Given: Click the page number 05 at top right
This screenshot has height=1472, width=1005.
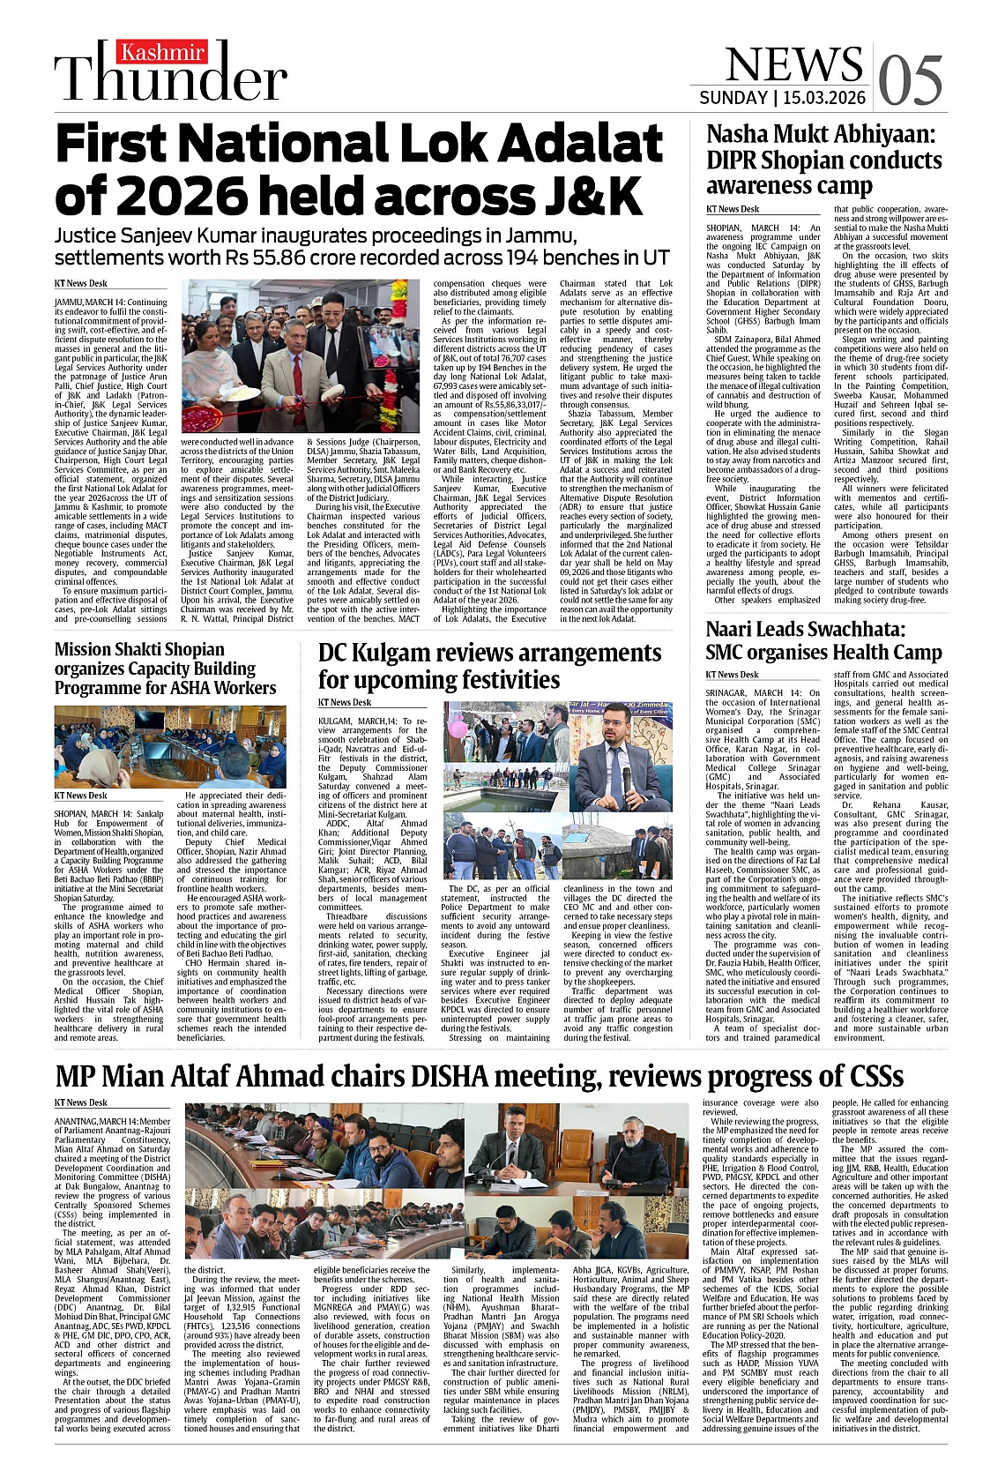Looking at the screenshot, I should point(911,79).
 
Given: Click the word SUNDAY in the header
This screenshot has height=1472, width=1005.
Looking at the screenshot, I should point(733,98).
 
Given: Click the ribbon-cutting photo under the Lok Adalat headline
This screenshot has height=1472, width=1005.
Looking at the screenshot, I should point(301,356).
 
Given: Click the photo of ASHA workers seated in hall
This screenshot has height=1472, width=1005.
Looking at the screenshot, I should point(170,747).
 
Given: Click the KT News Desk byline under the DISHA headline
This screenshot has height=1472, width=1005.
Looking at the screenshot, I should point(81,1102).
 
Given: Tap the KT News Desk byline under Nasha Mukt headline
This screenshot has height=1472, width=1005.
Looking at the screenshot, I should point(733,209).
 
